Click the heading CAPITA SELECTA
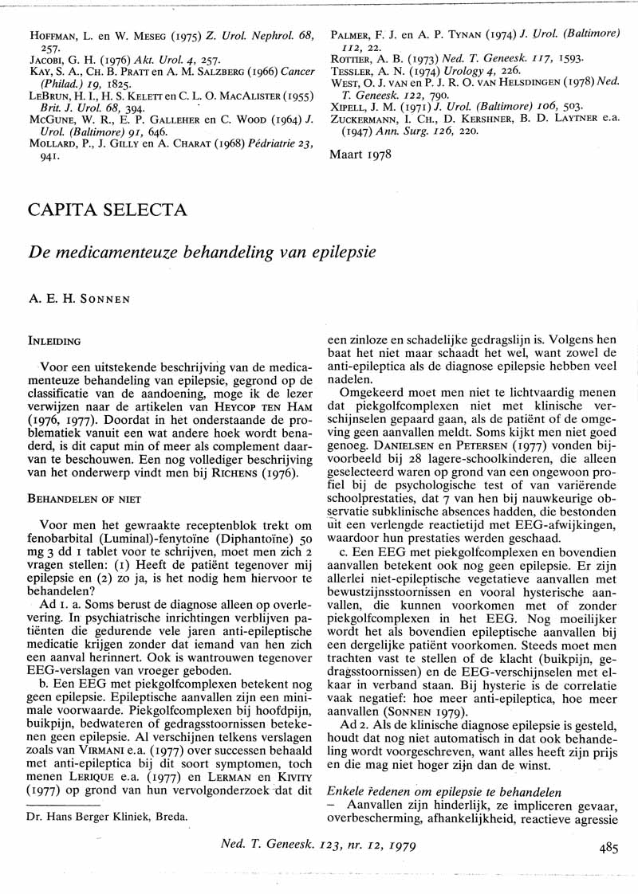tap(108, 211)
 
